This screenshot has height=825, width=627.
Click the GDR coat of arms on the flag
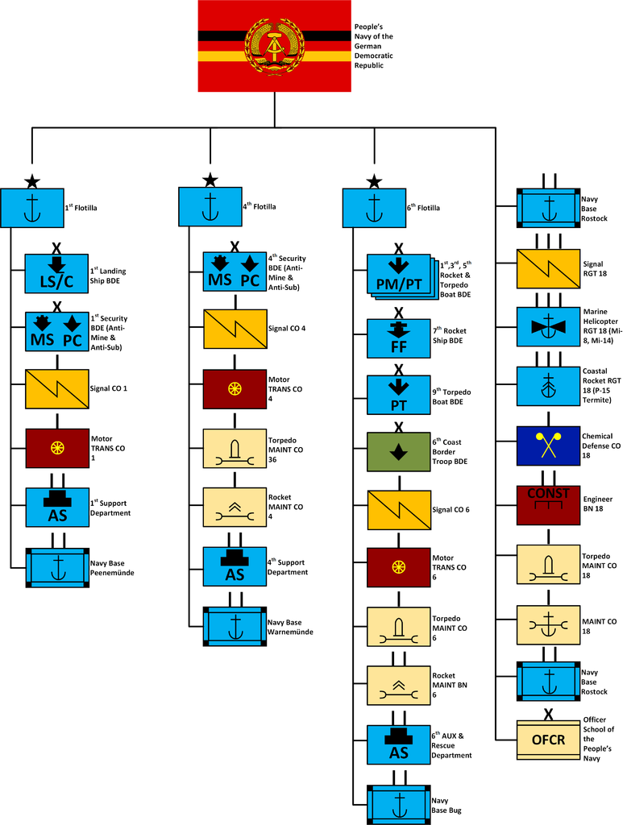[x=274, y=45]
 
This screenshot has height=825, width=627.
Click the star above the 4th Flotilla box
[x=210, y=180]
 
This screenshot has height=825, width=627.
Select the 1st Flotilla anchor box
[x=32, y=208]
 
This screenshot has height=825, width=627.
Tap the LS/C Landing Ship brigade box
[x=57, y=274]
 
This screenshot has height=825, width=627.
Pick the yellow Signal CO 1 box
[x=57, y=389]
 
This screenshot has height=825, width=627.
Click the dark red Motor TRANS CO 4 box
[x=235, y=389]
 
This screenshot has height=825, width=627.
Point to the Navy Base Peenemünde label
[x=112, y=568]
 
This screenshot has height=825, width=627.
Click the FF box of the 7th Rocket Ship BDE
[x=398, y=338]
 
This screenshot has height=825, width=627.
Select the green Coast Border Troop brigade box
[x=398, y=452]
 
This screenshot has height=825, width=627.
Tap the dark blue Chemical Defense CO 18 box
[x=548, y=446]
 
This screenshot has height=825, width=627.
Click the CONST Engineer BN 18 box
[x=548, y=505]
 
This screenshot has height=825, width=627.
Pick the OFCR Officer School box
[x=548, y=740]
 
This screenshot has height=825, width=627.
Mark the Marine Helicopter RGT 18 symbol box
[x=548, y=327]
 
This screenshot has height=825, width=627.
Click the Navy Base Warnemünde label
[x=290, y=627]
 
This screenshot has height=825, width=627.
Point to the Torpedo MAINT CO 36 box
[x=235, y=449]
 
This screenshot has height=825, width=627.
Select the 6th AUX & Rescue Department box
[x=398, y=745]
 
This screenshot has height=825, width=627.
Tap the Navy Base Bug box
[x=398, y=805]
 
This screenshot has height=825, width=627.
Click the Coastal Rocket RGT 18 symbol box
[x=548, y=386]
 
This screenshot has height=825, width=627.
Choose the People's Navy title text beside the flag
[x=373, y=46]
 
